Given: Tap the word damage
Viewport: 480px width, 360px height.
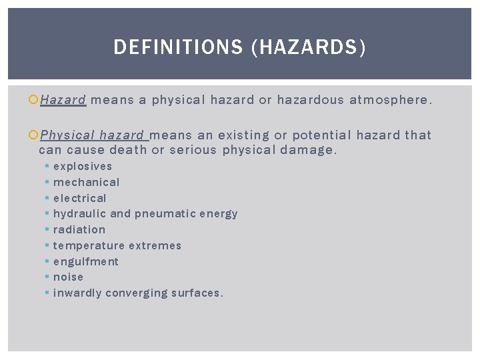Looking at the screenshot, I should tap(309, 150).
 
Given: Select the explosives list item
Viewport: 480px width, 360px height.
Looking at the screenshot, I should tap(83, 167).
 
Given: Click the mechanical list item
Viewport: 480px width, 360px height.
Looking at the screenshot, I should tap(87, 182).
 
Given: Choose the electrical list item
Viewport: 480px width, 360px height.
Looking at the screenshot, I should tap(80, 198).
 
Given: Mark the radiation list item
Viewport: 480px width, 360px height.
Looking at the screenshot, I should tap(79, 230).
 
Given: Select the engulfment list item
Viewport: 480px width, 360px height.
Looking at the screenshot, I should tap(86, 262).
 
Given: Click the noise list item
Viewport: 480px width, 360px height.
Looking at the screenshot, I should tap(69, 277).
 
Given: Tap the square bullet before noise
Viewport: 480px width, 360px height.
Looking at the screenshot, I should tap(47, 277).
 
